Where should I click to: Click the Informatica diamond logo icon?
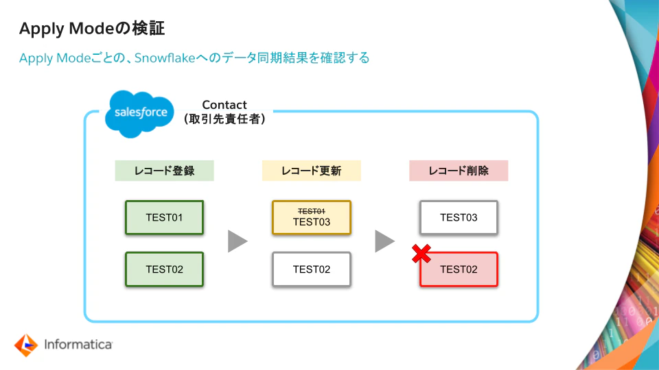pos(25,345)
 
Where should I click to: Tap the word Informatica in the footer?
pos(78,345)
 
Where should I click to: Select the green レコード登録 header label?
pos(164,171)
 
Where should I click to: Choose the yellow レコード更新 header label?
pos(311,171)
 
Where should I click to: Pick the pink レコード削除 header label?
pos(459,171)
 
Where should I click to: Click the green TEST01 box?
pos(164,218)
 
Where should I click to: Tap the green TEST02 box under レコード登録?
pos(164,269)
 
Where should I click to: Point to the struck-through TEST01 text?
pos(311,211)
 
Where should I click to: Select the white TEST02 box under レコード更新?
pos(311,269)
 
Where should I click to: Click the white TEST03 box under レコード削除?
pos(459,218)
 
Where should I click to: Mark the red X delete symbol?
pos(421,254)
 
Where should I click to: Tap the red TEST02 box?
pos(459,269)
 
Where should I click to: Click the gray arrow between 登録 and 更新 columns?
pos(237,241)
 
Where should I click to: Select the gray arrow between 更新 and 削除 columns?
pos(384,241)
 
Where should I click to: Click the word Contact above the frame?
pos(224,105)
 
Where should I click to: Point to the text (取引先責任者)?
pos(224,119)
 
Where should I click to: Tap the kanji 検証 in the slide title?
pos(147,29)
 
